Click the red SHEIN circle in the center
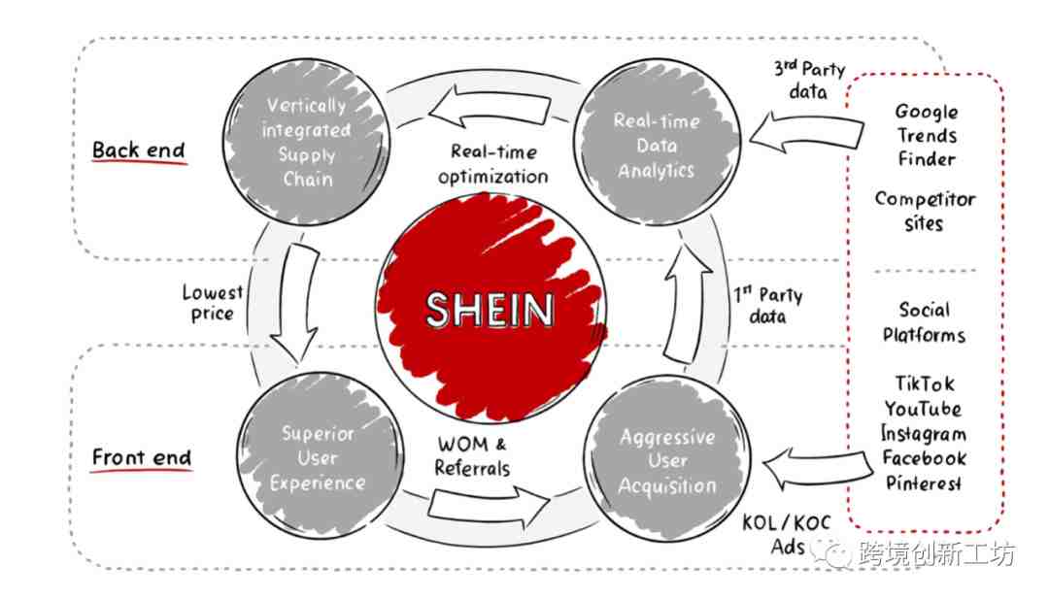pyautogui.click(x=491, y=309)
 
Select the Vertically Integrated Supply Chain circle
pyautogui.click(x=306, y=142)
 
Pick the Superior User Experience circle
pyautogui.click(x=320, y=457)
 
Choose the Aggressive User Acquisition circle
pyautogui.click(x=667, y=460)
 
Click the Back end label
pyautogui.click(x=139, y=150)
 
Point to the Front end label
pyautogui.click(x=142, y=458)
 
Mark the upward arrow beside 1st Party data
pyautogui.click(x=688, y=304)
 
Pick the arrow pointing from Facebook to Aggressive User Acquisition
pyautogui.click(x=818, y=468)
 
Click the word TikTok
pyautogui.click(x=926, y=383)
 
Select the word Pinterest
pyautogui.click(x=924, y=483)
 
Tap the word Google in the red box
pyautogui.click(x=927, y=111)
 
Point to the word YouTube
pyautogui.click(x=924, y=408)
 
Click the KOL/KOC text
pyautogui.click(x=787, y=522)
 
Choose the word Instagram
pyautogui.click(x=924, y=433)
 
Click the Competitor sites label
pyautogui.click(x=925, y=211)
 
